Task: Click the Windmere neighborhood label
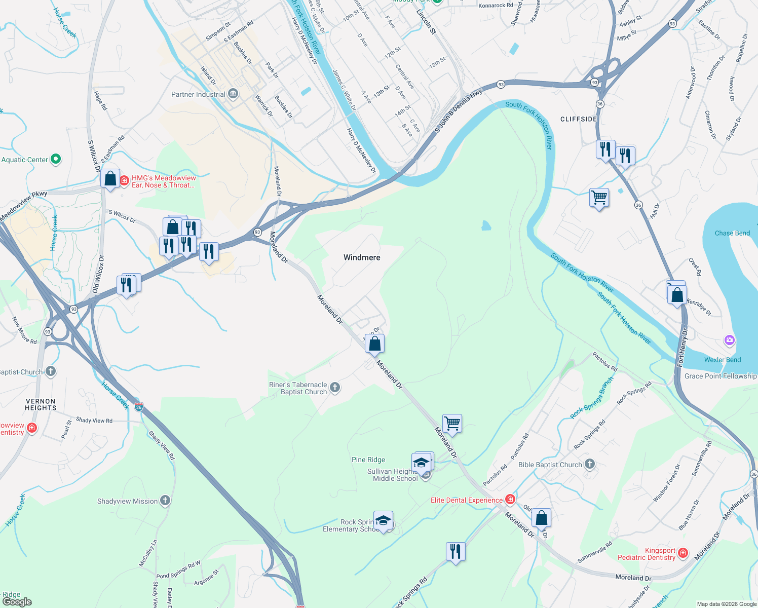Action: pos(362,257)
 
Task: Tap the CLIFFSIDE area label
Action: pos(579,119)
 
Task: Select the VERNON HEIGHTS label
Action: pos(41,404)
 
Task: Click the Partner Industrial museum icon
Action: pos(233,94)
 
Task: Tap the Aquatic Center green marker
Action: pos(56,160)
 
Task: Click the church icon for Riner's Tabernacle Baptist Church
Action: pos(334,388)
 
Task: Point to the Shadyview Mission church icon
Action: pos(165,501)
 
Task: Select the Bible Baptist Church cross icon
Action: pos(589,464)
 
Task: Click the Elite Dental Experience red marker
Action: pos(510,500)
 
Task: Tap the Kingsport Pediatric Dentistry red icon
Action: pos(683,553)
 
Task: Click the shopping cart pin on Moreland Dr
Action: pos(452,423)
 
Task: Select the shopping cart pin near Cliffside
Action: pos(599,197)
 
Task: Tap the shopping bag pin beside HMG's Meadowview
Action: pos(110,178)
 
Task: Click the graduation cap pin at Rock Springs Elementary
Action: pos(384,520)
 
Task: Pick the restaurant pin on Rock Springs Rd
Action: pos(456,551)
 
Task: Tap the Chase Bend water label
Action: pos(732,234)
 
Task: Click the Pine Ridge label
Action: pos(368,460)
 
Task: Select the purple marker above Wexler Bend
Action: pos(730,340)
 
